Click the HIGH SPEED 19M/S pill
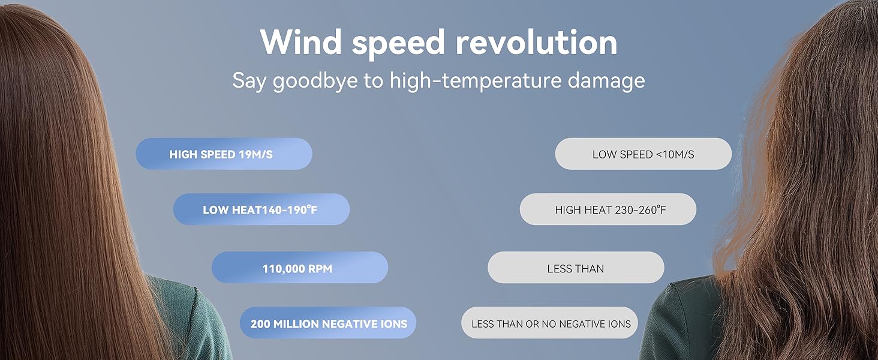click(x=224, y=154)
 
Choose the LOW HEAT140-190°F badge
click(x=261, y=210)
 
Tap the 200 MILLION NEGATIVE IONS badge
click(x=328, y=324)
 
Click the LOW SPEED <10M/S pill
click(x=643, y=154)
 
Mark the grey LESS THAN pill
click(x=575, y=268)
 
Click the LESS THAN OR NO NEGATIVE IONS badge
click(x=550, y=324)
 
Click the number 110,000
click(x=284, y=269)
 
